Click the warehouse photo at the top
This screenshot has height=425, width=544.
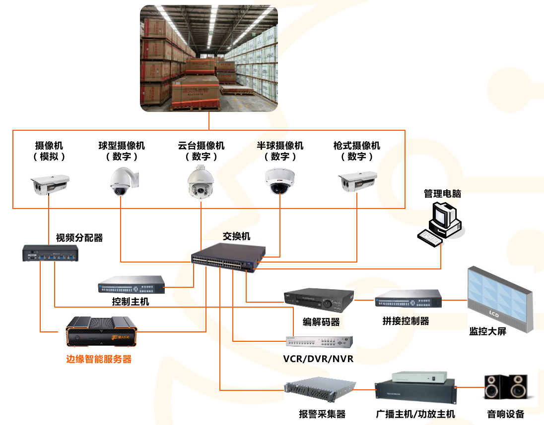(209, 58)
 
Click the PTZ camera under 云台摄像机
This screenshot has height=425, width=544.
(201, 182)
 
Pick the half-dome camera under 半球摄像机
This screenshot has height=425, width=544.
(280, 181)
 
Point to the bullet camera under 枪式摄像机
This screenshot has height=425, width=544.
(357, 182)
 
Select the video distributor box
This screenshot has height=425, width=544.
(51, 253)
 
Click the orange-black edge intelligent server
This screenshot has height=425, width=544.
(101, 332)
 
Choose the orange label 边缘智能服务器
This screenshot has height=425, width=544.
(99, 359)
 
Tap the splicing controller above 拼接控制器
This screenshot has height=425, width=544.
(408, 300)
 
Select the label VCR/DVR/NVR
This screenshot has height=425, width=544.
(318, 359)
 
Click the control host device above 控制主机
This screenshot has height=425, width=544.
(132, 285)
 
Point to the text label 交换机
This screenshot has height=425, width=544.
(237, 236)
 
